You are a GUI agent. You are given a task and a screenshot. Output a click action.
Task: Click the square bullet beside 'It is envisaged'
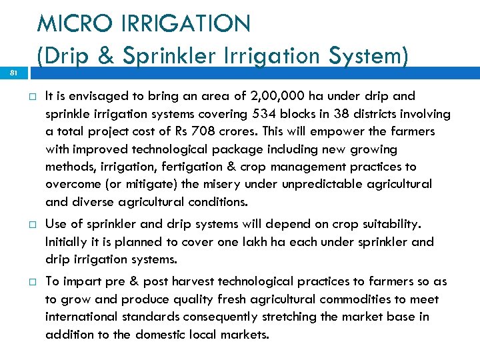31,97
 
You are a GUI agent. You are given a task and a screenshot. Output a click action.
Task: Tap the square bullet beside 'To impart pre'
31,282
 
